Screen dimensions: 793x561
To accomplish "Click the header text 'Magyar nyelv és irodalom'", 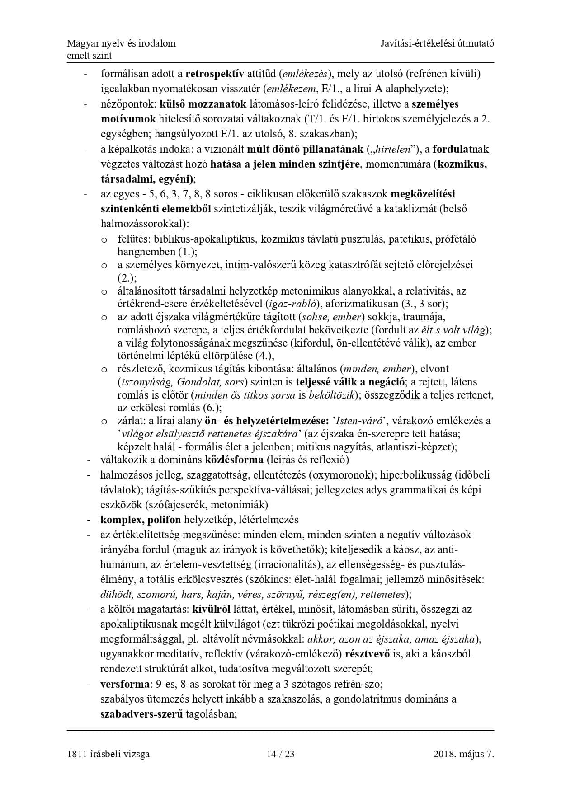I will [121, 43].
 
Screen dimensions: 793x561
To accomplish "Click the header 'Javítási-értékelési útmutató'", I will [437, 43].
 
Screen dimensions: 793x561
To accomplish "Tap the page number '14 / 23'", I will [280, 754].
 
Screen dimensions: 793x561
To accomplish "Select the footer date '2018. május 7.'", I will [463, 754].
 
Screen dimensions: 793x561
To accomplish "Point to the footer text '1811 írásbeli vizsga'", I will [108, 754].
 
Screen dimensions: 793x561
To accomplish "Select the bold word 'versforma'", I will [125, 684].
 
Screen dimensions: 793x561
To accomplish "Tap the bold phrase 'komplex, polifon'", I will [141, 519].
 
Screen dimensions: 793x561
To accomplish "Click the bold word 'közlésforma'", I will [234, 460].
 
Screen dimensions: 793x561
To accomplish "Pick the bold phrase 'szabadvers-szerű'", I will [141, 714].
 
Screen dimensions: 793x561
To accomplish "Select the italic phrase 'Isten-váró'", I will [360, 421].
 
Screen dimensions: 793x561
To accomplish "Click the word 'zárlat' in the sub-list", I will [130, 421].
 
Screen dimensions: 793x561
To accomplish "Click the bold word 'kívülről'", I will [212, 609].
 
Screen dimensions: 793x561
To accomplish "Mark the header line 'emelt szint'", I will [89, 56].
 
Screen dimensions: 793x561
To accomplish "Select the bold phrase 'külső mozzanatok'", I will [203, 104].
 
